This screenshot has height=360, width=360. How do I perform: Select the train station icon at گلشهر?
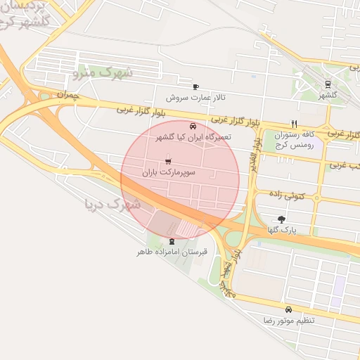click(x=328, y=84)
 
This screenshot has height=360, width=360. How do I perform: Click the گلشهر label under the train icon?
click(x=328, y=95)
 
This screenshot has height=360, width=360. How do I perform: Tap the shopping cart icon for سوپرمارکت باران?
click(x=167, y=162)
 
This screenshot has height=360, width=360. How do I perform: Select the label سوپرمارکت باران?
click(x=169, y=172)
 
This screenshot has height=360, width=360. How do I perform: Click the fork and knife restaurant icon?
click(x=294, y=123)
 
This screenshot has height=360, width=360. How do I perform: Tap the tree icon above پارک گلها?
click(x=283, y=219)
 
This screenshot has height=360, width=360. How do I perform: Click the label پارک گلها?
click(x=283, y=230)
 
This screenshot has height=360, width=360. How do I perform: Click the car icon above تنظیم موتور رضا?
click(x=289, y=309)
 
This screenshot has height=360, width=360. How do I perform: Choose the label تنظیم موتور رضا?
click(x=289, y=320)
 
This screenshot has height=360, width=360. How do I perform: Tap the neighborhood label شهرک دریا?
click(x=112, y=205)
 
